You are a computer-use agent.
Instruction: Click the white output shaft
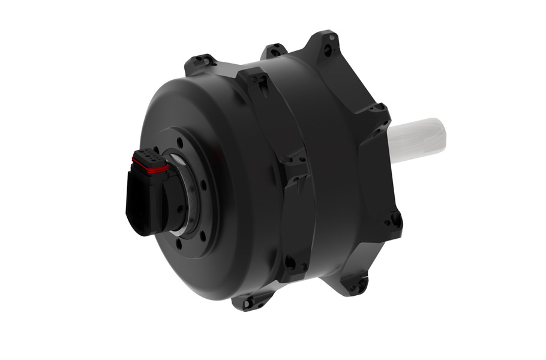point(420,138)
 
